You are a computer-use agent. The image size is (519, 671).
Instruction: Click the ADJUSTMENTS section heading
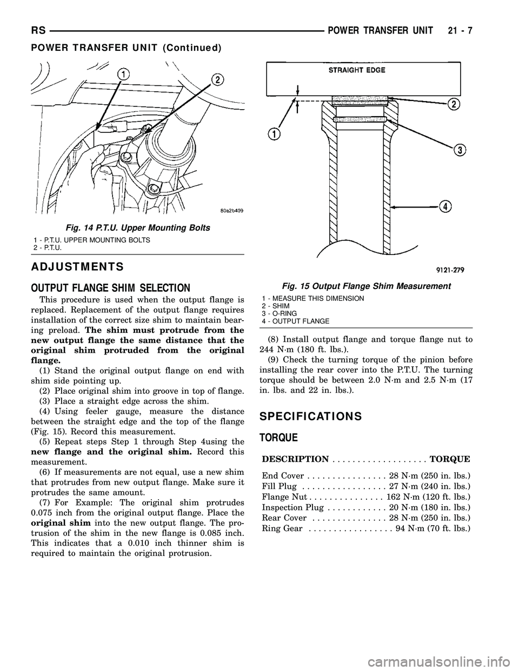pos(77,266)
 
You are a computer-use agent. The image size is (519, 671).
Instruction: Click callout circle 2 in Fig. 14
pos(217,80)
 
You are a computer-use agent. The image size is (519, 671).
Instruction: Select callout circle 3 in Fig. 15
pos(460,150)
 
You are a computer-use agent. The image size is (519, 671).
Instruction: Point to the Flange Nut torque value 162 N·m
pos(428,496)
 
